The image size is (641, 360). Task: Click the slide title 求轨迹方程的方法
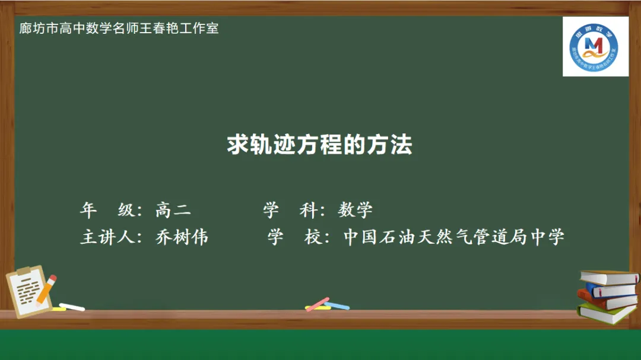point(319,144)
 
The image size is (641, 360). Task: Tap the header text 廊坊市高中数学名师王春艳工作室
point(119,28)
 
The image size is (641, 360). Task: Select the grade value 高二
point(173,209)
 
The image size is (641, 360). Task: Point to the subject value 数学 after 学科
point(356,209)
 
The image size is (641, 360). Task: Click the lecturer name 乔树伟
point(182,237)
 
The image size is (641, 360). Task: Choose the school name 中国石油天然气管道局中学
point(454,237)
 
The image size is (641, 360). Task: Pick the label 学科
point(290,209)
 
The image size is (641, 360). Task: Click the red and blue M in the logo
point(594,44)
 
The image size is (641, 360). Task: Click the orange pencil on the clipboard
point(46,288)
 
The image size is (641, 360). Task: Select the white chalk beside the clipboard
point(72,307)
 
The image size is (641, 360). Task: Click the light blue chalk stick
point(337,305)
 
